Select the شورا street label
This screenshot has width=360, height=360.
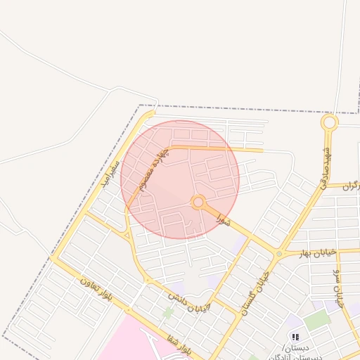tap(223, 219)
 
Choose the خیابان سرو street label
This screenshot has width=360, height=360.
tap(339, 287)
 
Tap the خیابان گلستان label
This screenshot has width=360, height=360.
tap(255, 292)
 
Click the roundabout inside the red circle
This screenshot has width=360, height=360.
tap(198, 202)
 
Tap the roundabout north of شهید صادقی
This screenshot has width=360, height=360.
tap(328, 123)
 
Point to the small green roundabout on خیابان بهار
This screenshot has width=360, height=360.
tap(279, 253)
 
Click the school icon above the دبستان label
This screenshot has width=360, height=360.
tap(295, 337)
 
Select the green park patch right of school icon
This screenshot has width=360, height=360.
tap(318, 320)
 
